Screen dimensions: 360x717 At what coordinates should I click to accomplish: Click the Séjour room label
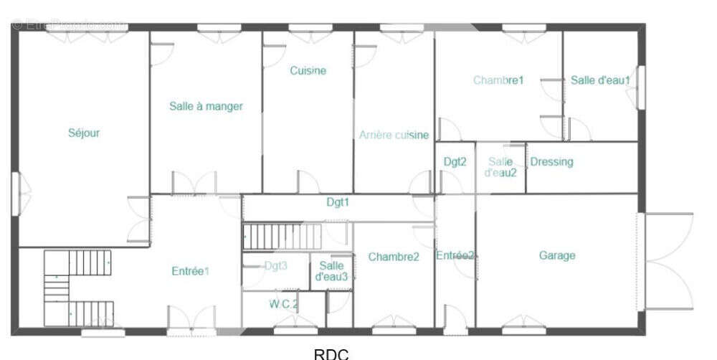pyautogui.click(x=84, y=133)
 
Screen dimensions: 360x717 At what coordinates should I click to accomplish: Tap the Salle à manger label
pyautogui.click(x=206, y=106)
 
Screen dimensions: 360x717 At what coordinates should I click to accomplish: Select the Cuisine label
pyautogui.click(x=308, y=70)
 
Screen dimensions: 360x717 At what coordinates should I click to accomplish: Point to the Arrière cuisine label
pyautogui.click(x=394, y=135)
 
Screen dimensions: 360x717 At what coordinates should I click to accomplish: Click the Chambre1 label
pyautogui.click(x=498, y=80)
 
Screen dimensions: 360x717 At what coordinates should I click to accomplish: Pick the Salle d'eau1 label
pyautogui.click(x=600, y=80)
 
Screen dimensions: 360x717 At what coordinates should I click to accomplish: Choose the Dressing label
pyautogui.click(x=551, y=161)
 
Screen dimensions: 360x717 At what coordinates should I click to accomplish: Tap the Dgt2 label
pyautogui.click(x=455, y=161)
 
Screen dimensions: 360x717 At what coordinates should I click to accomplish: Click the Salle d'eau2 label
pyautogui.click(x=500, y=167)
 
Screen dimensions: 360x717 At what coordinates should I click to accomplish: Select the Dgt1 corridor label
pyautogui.click(x=338, y=202)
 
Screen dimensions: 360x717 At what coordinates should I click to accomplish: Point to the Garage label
pyautogui.click(x=557, y=255)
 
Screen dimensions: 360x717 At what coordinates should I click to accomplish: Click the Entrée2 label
pyautogui.click(x=455, y=255)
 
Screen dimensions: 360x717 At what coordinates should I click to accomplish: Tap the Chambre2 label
pyautogui.click(x=394, y=257)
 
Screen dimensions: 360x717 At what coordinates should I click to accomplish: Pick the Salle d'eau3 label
pyautogui.click(x=331, y=270)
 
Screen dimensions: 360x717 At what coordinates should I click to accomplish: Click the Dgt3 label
pyautogui.click(x=276, y=265)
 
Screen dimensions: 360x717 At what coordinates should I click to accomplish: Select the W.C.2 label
pyautogui.click(x=284, y=303)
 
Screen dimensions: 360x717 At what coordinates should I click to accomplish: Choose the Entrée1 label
pyautogui.click(x=190, y=271)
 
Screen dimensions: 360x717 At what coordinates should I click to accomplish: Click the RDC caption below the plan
pyautogui.click(x=331, y=353)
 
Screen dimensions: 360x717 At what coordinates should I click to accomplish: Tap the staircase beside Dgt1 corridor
pyautogui.click(x=282, y=236)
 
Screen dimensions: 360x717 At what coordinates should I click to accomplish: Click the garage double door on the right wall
pyautogui.click(x=667, y=261)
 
